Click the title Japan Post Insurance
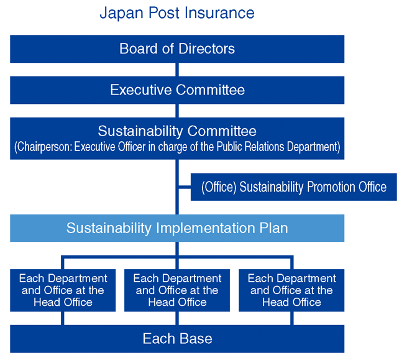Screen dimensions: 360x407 [177, 12]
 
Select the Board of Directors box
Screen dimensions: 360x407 [177, 48]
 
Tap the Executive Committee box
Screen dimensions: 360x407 [177, 90]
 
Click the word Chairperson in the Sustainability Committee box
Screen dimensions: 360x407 [43, 147]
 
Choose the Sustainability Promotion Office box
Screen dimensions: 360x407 [293, 187]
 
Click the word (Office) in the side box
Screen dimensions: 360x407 [218, 187]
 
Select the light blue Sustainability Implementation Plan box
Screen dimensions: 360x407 [177, 228]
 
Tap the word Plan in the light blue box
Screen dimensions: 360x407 [274, 228]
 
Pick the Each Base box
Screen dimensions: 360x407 [177, 339]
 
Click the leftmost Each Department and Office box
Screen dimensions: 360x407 [63, 290]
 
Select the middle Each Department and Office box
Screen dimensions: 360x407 [177, 290]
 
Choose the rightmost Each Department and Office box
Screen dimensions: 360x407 [291, 290]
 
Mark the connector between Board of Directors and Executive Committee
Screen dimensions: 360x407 [177, 70]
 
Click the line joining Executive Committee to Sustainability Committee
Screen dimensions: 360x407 [177, 111]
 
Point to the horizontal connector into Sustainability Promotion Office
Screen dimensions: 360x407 [184, 187]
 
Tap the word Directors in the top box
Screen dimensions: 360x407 [206, 48]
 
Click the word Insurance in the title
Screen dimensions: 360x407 [223, 12]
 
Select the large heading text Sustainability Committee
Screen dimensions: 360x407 [177, 131]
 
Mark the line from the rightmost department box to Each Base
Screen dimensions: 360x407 [291, 318]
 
